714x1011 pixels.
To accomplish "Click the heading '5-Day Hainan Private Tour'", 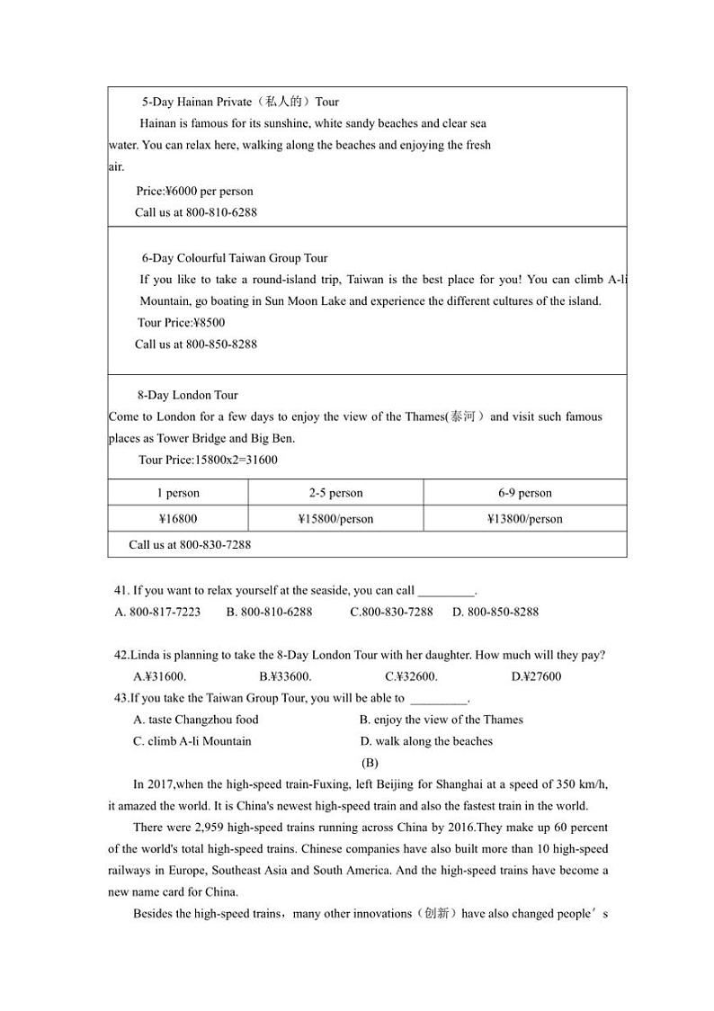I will pyautogui.click(x=240, y=102).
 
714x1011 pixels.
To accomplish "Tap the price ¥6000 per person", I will pyautogui.click(x=195, y=191).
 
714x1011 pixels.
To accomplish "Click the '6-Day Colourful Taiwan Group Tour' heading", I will pyautogui.click(x=235, y=258).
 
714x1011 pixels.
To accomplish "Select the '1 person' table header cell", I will pyautogui.click(x=178, y=493).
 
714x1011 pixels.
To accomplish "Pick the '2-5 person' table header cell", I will pyautogui.click(x=335, y=493).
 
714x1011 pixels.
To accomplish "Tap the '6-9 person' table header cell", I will pyautogui.click(x=525, y=493).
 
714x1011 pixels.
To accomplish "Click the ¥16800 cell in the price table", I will pyautogui.click(x=178, y=519).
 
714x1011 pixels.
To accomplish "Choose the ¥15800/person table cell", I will pyautogui.click(x=335, y=519).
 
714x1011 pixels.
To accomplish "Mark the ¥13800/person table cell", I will pyautogui.click(x=525, y=519).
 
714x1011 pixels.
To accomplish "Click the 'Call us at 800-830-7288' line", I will pyautogui.click(x=190, y=544).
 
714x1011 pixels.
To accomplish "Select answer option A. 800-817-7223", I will pyautogui.click(x=158, y=612).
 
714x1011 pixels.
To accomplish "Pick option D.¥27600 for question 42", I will pyautogui.click(x=536, y=676).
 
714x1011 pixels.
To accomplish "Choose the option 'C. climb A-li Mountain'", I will pyautogui.click(x=192, y=741).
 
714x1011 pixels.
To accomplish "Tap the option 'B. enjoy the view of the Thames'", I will pyautogui.click(x=441, y=720).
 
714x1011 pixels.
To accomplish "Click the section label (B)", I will pyautogui.click(x=370, y=763).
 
